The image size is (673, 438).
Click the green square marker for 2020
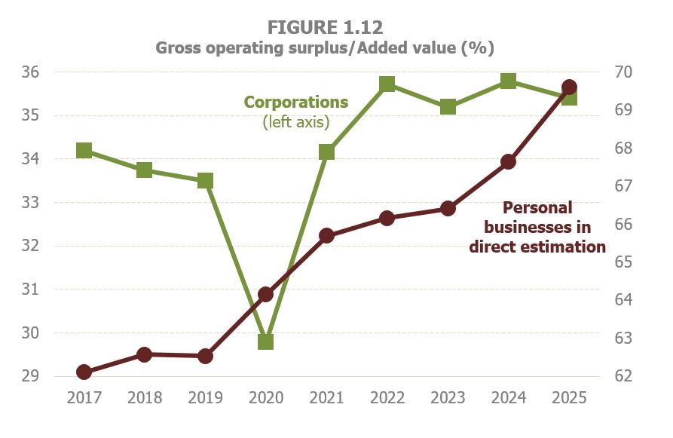coord(265,342)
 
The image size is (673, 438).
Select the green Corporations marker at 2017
coord(84,151)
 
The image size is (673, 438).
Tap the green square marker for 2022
coord(387,84)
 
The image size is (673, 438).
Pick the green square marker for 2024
coord(509,81)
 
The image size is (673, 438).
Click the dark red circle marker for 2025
coord(570,87)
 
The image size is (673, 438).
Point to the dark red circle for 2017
coord(84,372)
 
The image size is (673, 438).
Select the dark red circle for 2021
coord(326,235)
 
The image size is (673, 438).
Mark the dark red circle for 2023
coord(448,209)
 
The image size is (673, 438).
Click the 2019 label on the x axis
coord(205,398)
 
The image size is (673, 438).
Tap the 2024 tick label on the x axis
coord(509,398)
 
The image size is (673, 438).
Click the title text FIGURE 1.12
coord(325,27)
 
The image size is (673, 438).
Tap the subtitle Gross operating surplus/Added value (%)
coord(325,48)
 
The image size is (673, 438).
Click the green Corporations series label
coord(296,102)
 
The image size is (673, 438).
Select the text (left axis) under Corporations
coord(296,121)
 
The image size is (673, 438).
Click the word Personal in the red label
coord(537,207)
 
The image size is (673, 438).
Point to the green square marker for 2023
coord(448,107)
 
